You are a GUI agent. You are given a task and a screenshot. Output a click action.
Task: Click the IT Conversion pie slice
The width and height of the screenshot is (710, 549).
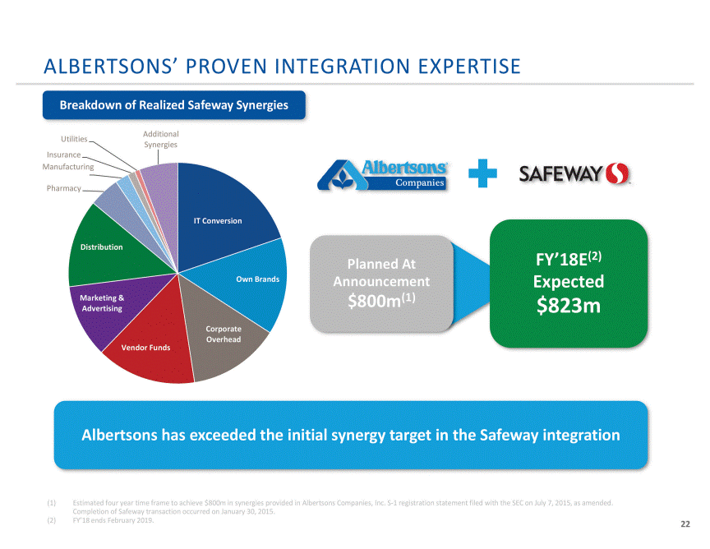coord(222,213)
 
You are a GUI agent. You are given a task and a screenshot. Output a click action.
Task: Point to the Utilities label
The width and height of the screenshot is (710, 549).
coord(74,139)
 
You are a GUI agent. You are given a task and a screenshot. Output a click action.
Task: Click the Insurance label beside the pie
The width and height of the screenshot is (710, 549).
coord(64,155)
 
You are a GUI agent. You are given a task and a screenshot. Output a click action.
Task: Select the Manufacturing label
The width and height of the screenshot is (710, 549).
coord(68,167)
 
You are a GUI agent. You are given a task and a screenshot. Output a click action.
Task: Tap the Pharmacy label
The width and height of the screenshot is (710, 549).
coord(64,188)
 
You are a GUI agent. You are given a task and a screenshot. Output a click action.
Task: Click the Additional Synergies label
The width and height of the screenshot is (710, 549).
coord(161,139)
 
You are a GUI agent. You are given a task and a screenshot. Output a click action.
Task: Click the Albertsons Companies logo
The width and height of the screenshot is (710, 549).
coord(383,175)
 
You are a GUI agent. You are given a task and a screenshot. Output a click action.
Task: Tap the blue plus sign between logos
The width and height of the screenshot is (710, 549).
coord(482,173)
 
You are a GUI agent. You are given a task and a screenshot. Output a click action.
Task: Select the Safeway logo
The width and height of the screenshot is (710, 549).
coord(574,173)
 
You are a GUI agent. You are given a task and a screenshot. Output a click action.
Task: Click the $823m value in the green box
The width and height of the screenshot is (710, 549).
coord(569,305)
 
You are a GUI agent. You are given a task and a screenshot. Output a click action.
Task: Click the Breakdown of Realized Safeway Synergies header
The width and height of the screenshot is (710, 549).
coord(174,105)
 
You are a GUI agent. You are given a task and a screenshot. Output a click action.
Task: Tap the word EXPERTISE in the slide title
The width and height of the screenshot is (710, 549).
coord(469,66)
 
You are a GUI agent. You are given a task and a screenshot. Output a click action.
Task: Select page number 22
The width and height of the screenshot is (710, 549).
coord(685,524)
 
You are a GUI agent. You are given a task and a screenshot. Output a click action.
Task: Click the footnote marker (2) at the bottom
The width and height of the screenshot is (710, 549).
coord(52,520)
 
